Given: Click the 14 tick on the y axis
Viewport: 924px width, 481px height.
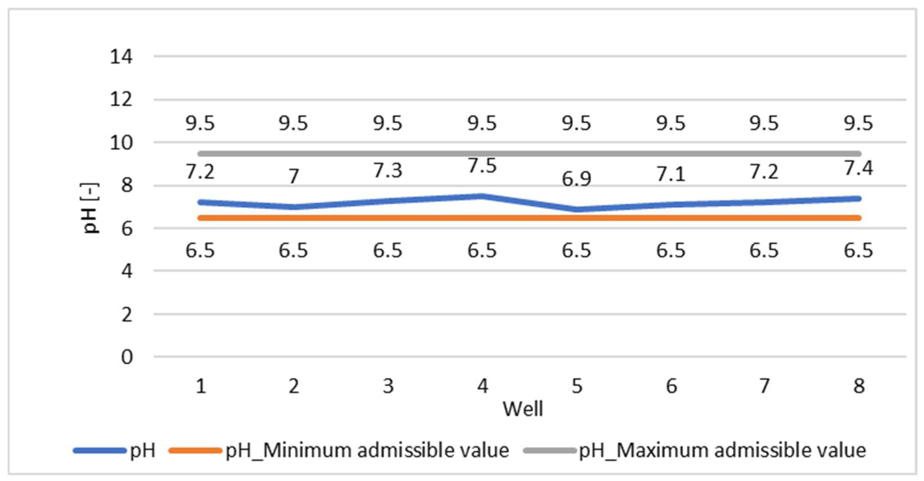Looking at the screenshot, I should (x=121, y=57).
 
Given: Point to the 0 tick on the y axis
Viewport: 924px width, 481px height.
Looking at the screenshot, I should (x=127, y=357).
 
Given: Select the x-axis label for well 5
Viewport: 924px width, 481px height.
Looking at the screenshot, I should (x=577, y=386).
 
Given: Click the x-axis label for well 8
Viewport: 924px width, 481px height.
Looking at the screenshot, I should (x=859, y=386).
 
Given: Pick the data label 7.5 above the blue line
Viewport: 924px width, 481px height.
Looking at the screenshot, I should (x=482, y=166).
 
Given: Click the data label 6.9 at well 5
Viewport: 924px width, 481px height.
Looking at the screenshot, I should (x=576, y=179).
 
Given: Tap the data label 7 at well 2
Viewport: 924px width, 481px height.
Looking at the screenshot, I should (x=294, y=176).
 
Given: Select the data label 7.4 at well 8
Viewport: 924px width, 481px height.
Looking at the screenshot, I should (x=858, y=168).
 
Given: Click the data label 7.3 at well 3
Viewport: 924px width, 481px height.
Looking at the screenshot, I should (x=388, y=170).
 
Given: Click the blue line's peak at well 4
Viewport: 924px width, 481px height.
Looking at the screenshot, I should (x=482, y=196).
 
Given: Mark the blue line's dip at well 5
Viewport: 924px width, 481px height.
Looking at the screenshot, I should (x=577, y=209).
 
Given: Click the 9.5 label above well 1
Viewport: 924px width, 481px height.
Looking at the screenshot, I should (x=200, y=124).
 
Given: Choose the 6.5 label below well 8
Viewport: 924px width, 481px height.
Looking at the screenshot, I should (x=858, y=250).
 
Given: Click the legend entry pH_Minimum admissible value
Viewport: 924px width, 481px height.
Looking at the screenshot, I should (x=367, y=450).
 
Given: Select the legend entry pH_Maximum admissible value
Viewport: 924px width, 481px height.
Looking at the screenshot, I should (x=722, y=450).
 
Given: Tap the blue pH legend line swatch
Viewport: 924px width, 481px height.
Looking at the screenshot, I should (x=100, y=450).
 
